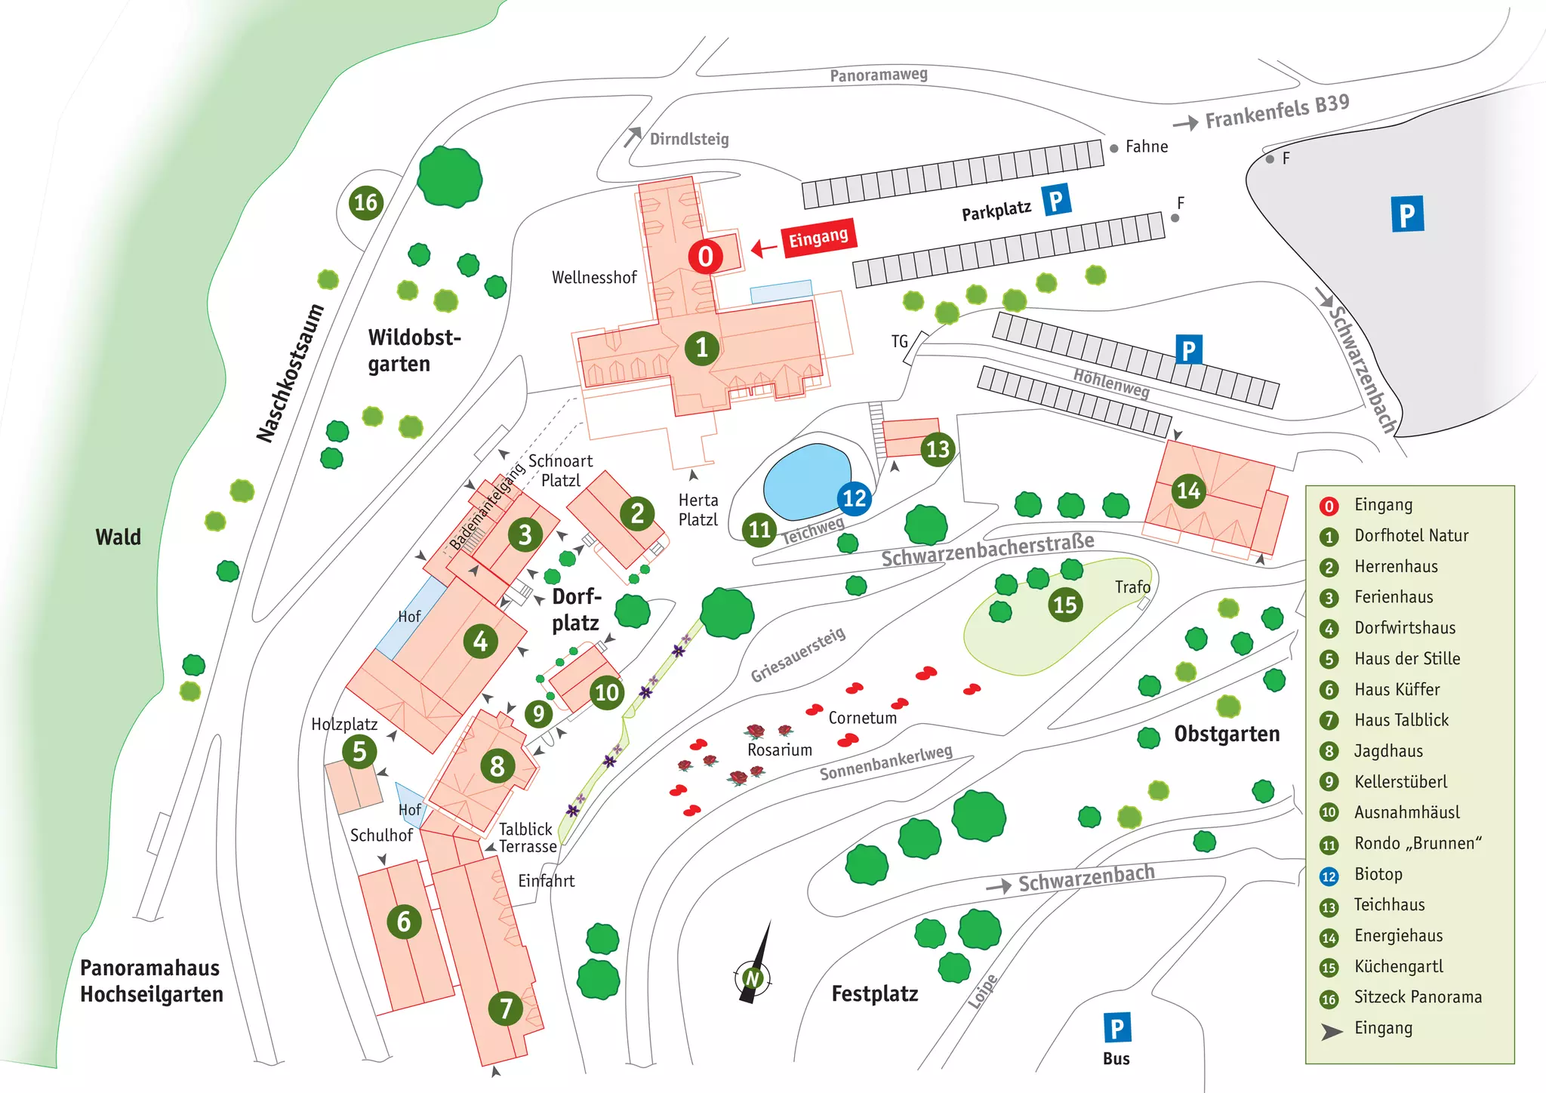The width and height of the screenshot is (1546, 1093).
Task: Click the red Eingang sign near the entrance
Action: point(818,239)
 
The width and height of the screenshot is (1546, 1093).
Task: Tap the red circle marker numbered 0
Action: point(705,257)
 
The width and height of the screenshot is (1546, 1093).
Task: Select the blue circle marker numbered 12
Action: point(855,498)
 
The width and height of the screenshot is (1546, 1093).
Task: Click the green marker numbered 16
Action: point(366,202)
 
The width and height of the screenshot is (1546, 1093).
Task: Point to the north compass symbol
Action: point(753,978)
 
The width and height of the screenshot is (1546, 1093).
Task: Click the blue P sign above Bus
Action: point(1117,1027)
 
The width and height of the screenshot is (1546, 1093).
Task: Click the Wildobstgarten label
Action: point(414,350)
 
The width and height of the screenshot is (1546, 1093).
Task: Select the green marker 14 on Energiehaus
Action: point(1188,491)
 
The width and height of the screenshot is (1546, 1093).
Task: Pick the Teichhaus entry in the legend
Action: point(1389,904)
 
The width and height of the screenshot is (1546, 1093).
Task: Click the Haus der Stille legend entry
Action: point(1407,658)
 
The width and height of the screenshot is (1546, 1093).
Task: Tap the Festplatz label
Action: point(875,993)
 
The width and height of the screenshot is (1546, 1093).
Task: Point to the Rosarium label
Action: point(780,750)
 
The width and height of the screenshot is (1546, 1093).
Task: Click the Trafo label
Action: point(1132,587)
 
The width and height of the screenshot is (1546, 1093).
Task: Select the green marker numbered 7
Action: point(506,1008)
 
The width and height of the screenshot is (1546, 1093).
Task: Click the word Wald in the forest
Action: point(119,537)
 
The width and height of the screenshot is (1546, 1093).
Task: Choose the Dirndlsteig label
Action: point(689,139)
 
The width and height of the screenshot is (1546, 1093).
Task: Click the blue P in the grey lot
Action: point(1407,214)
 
